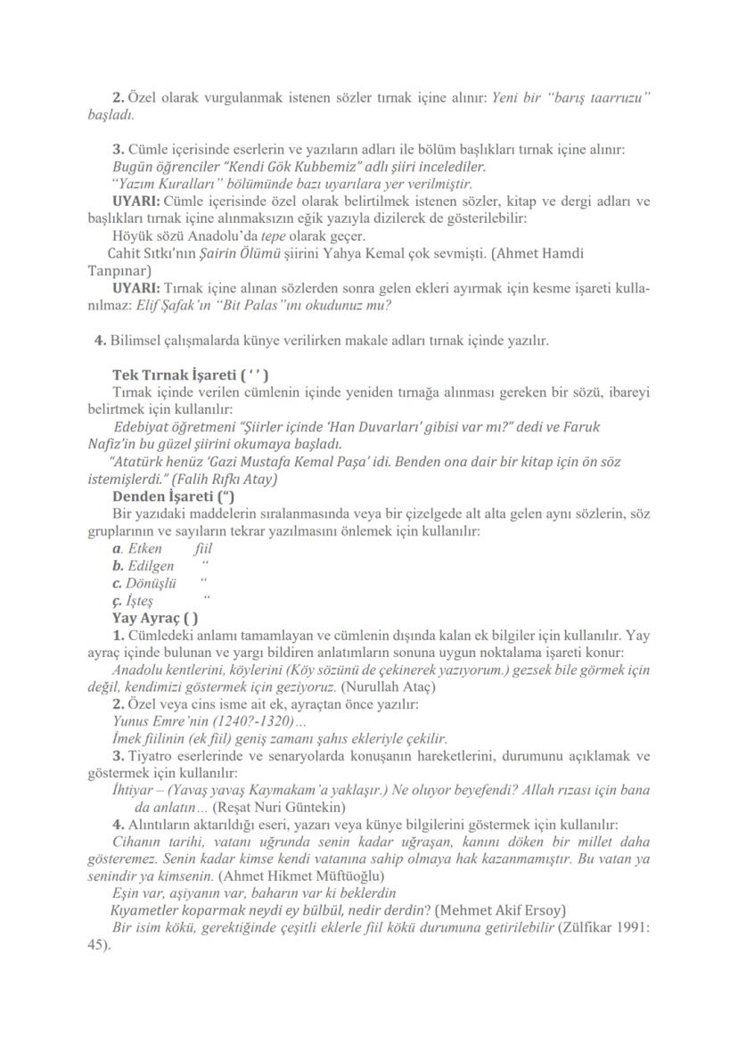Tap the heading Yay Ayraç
coord(155,618)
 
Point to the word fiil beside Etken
coord(203,548)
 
